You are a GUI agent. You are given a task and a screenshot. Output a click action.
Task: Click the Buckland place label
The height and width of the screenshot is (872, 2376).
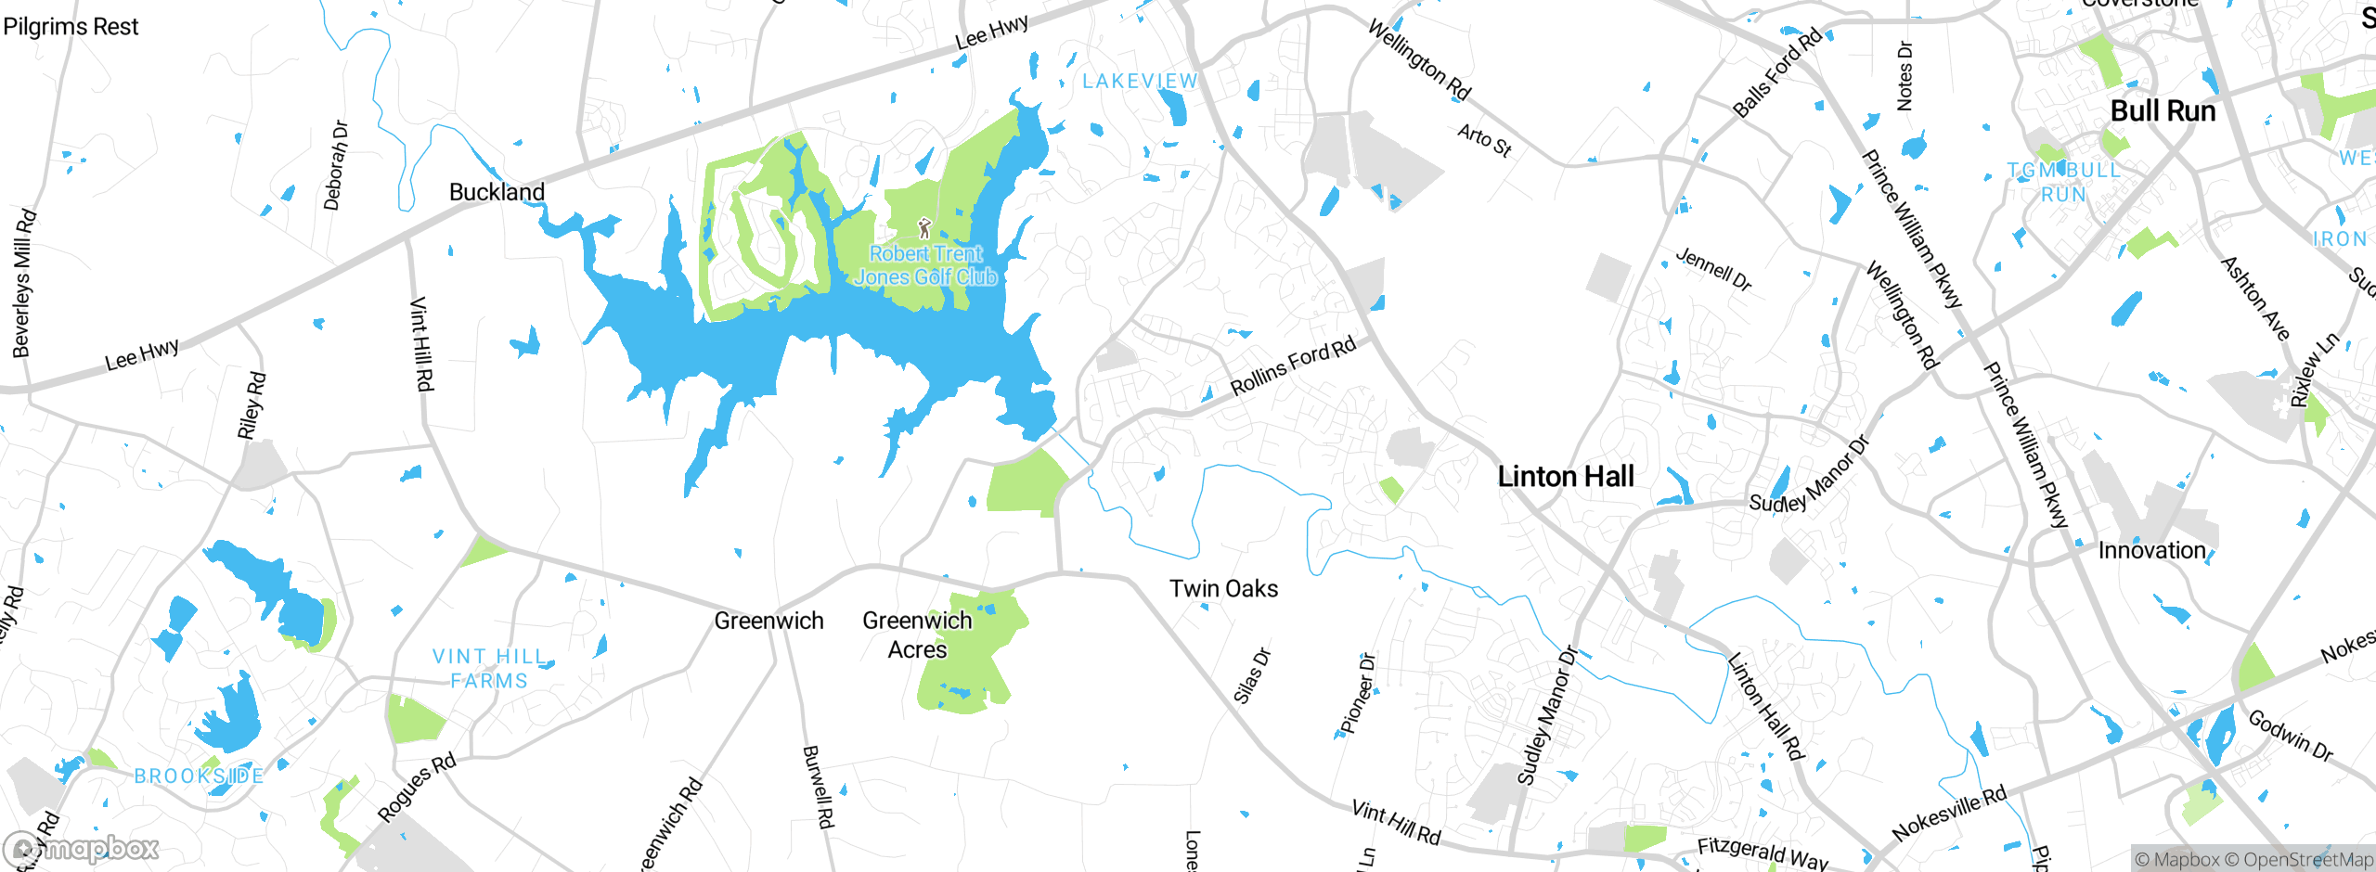coord(497,192)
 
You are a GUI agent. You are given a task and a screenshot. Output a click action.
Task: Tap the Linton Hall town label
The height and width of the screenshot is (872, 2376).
coord(1565,477)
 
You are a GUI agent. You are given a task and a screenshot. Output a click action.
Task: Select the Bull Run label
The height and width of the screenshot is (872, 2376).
coord(2163,111)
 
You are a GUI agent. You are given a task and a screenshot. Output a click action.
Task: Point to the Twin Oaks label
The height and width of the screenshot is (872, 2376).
coord(1223,589)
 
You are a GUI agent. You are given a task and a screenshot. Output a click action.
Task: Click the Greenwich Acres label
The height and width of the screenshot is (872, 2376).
coord(917,635)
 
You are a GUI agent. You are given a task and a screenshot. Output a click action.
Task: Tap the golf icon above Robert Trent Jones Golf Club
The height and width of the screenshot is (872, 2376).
coord(923,227)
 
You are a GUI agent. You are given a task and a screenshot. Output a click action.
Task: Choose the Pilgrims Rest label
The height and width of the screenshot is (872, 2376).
coord(71,27)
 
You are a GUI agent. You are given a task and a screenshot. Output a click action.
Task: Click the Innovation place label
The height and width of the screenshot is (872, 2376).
coord(2151,551)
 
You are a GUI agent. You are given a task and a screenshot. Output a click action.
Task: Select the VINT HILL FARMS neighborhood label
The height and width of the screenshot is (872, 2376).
coord(489,669)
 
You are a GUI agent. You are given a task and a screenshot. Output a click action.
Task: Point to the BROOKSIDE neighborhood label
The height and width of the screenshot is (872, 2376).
coord(199,776)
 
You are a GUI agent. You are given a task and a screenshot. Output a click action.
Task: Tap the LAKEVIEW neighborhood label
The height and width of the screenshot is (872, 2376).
coord(1140,82)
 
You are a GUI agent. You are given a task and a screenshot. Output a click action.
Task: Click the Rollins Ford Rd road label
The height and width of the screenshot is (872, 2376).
coord(1293,366)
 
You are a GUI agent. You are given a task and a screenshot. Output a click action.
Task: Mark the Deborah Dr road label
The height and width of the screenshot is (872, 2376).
coord(336,165)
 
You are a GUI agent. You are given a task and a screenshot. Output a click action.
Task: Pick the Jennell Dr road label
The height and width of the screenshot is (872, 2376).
coord(1713,270)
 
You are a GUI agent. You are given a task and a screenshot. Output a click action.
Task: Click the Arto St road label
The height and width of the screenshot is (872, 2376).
coord(1484,140)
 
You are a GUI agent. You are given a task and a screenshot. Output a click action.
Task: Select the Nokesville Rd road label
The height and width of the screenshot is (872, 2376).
coord(1949,813)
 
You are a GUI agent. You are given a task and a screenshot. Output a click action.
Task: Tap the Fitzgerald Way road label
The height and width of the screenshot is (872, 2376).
coord(1762,853)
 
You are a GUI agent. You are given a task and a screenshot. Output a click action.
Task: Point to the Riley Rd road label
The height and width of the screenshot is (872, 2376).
coord(252,405)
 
